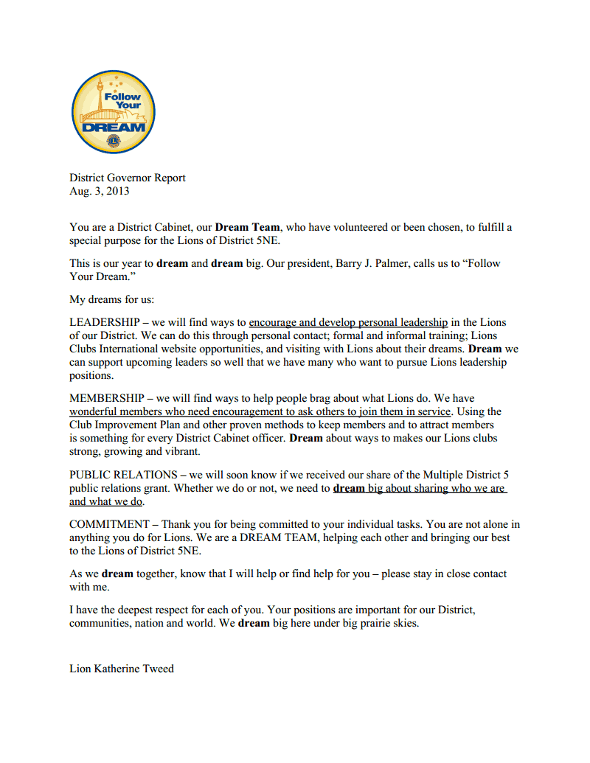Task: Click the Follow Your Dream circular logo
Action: (x=113, y=112)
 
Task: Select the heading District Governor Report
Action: (x=128, y=178)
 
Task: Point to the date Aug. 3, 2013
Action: (x=100, y=191)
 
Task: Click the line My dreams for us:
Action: (x=111, y=299)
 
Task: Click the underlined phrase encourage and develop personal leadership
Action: (x=348, y=322)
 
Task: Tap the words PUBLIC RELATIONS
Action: (x=123, y=475)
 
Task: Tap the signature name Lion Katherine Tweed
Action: (x=122, y=669)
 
